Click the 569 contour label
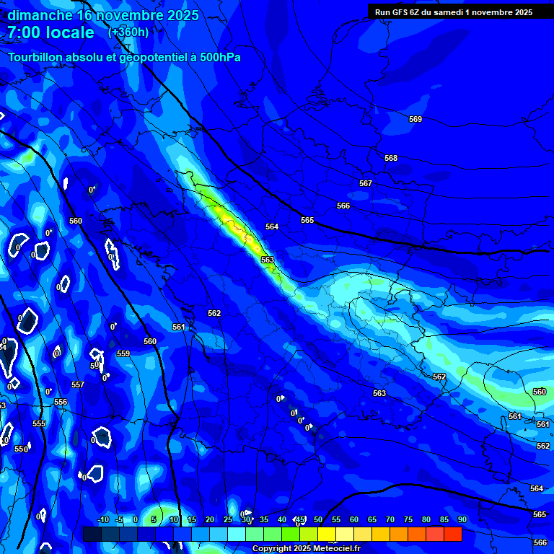coord(415,119)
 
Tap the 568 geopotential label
coord(391,158)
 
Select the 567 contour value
coord(366,184)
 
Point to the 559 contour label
coord(123,353)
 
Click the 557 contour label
coord(78,384)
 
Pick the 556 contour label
coord(61,402)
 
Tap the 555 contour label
coord(39,423)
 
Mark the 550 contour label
coord(20,449)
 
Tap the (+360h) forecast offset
coord(128,32)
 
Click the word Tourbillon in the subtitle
coord(37,57)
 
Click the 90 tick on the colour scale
coord(462,519)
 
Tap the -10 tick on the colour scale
coord(103,519)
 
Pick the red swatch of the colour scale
coord(452,534)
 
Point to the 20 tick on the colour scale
coord(210,519)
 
